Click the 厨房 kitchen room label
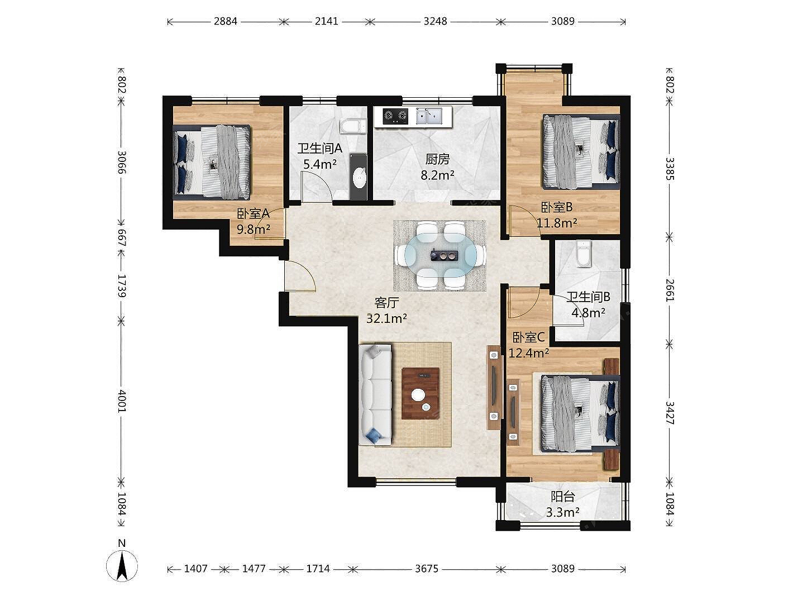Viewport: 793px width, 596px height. coord(437,159)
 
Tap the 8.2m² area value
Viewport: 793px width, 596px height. coord(437,175)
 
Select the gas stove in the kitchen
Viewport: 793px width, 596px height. coord(395,116)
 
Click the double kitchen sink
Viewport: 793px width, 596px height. coord(429,116)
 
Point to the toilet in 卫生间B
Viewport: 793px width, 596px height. coord(584,254)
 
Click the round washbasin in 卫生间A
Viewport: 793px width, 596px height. coord(359,178)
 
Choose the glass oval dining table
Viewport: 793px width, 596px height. coord(440,256)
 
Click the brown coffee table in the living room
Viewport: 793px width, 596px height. coord(421,393)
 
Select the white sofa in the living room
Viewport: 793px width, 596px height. coord(375,394)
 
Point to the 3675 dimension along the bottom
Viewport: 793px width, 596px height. coord(426,569)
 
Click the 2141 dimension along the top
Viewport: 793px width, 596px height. coord(327,22)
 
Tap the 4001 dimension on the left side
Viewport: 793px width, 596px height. coord(122,400)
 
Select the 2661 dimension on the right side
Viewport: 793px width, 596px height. coord(670,290)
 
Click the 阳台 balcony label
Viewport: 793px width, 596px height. coord(562,497)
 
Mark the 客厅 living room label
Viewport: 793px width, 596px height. coord(386,303)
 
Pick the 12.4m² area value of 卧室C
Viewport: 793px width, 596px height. coord(529,353)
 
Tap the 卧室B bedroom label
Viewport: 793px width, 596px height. coord(557,207)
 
